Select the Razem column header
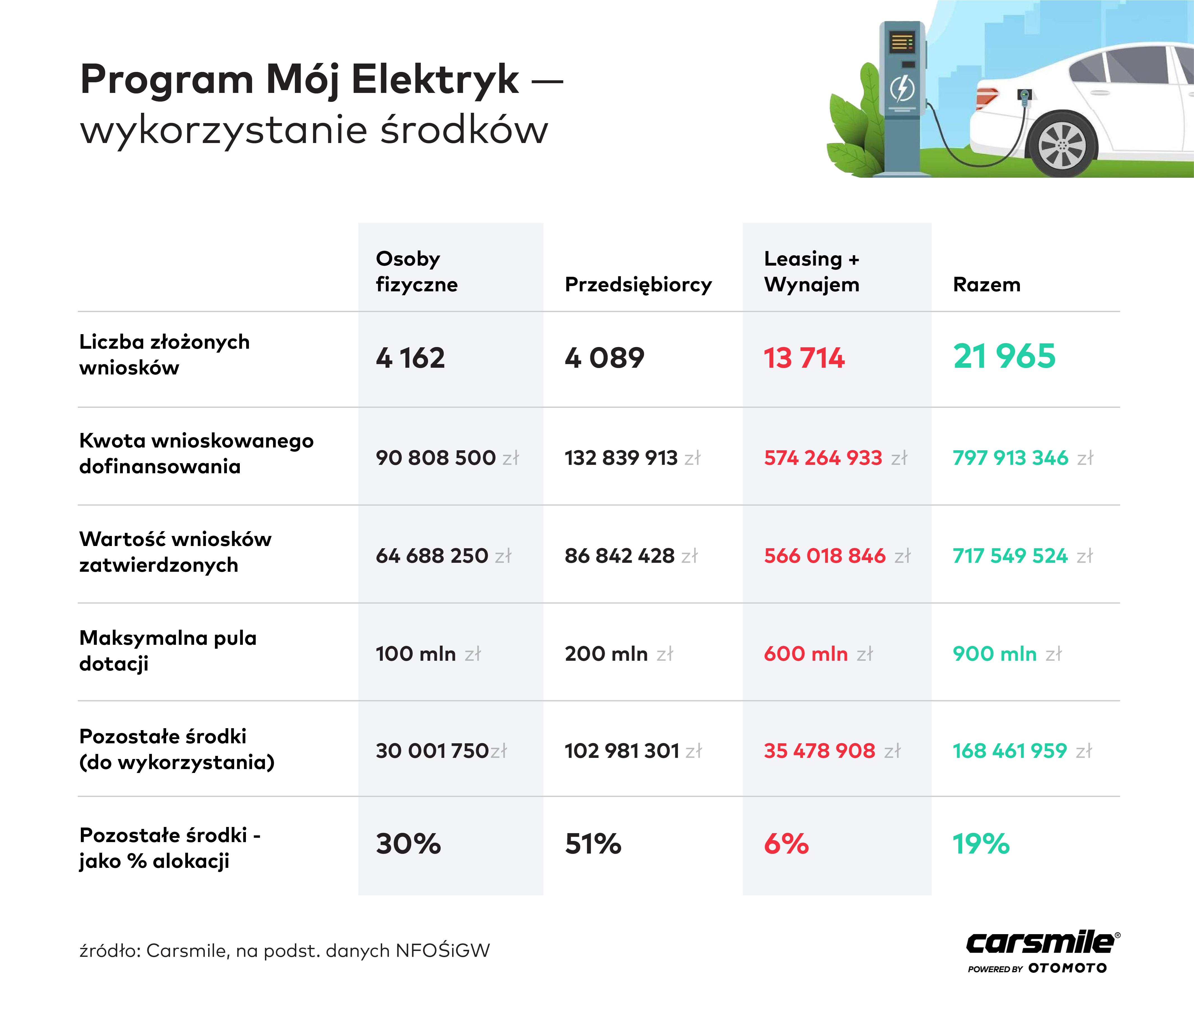[x=986, y=285]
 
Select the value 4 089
[x=605, y=358]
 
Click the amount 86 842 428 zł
[x=631, y=556]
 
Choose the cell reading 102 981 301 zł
[x=633, y=751]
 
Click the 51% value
[x=593, y=844]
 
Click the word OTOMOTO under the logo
[x=1068, y=968]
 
